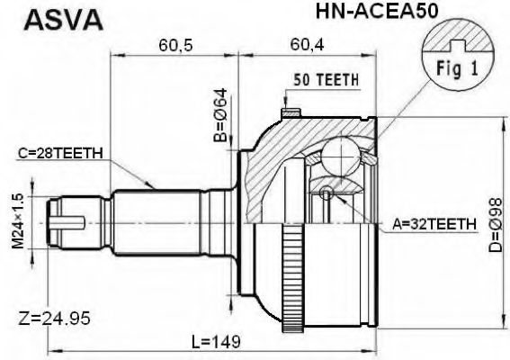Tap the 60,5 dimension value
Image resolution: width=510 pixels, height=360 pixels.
pos(174,45)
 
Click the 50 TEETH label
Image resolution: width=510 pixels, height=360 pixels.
pos(325,79)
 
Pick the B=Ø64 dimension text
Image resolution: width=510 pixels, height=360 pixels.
pos(219,115)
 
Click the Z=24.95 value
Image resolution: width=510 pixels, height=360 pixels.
pos(54,318)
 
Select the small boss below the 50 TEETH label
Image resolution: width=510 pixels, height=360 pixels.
pos(291,113)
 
